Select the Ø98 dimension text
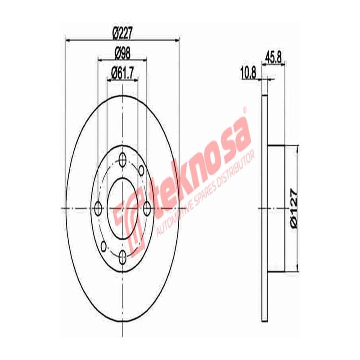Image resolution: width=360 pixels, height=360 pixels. coord(122,53)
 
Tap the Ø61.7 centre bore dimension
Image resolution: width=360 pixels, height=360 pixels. coord(123,71)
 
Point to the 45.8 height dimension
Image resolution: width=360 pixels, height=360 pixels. coord(274,57)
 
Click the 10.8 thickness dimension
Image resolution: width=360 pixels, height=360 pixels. coord(248,72)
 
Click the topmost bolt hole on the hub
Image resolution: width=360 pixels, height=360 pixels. coord(122,158)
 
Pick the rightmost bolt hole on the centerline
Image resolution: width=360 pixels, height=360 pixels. coord(147,208)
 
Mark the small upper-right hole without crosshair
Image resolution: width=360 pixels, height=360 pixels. coord(141,170)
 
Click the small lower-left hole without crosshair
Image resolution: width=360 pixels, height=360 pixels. coord(104,246)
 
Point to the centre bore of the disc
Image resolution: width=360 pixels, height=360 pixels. coord(122,208)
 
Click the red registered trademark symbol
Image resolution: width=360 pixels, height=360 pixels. coord(245,109)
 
